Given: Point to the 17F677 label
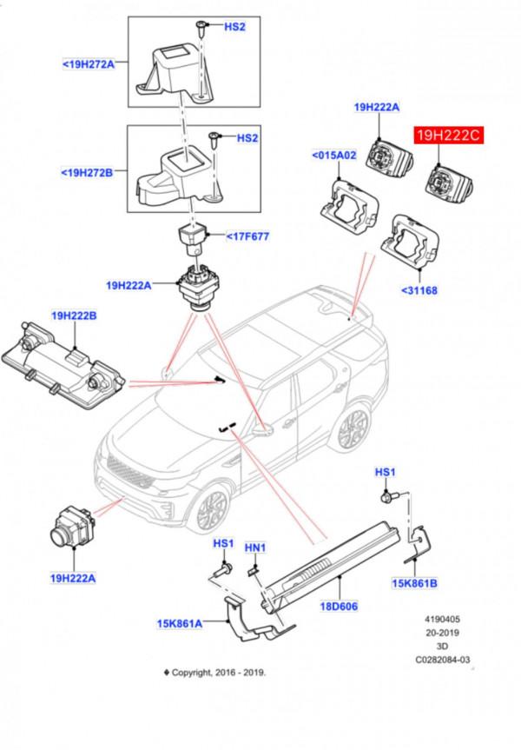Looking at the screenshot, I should [249, 236].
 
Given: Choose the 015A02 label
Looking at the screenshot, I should [334, 156].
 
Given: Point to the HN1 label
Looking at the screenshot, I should [255, 548].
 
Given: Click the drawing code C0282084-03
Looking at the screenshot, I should [442, 659].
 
